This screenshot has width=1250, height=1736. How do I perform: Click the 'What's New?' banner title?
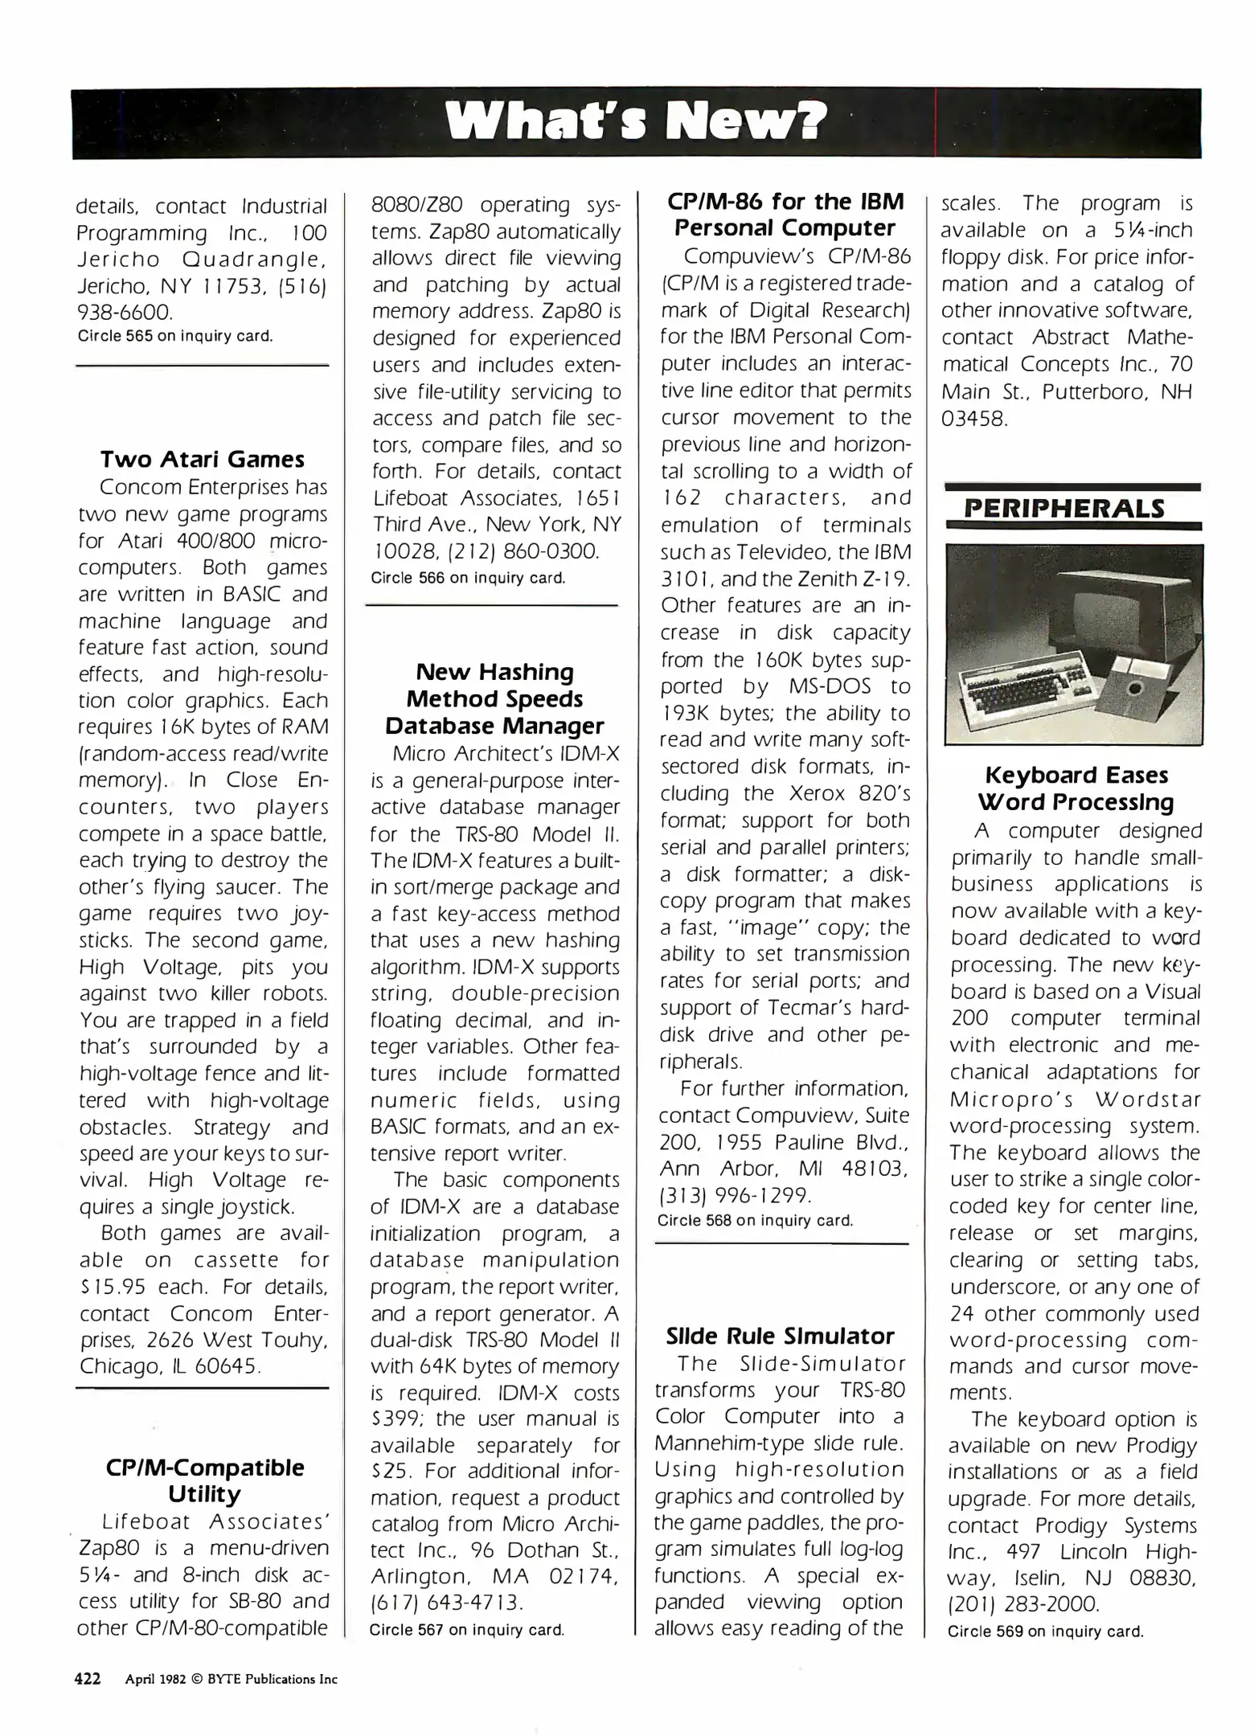click(635, 122)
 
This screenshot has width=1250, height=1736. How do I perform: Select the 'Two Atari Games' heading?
click(203, 460)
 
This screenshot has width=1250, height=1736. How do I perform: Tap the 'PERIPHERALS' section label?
click(1064, 509)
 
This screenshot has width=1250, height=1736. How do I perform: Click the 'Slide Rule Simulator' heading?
click(780, 1336)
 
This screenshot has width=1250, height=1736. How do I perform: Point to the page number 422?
click(88, 1679)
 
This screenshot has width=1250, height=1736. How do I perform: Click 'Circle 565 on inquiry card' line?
click(175, 336)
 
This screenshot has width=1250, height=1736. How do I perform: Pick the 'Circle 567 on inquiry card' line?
click(467, 1630)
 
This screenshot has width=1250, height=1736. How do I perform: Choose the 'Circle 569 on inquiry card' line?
click(1045, 1632)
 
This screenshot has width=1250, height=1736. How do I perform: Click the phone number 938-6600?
click(125, 312)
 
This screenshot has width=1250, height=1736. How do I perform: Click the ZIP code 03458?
click(973, 419)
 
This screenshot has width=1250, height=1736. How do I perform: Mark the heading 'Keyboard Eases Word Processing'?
click(1076, 788)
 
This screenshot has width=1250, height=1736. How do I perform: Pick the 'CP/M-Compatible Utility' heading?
click(205, 1480)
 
